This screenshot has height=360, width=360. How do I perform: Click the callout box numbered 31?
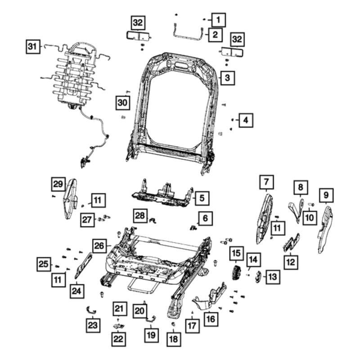pos(31,46)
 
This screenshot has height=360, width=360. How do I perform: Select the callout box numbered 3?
pos(228,78)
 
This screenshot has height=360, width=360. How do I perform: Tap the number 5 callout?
pos(202,197)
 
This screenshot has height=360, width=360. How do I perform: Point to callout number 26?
pos(99,246)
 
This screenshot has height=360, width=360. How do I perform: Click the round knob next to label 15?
pos(235,273)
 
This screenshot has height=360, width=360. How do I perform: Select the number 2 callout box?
pos(215,34)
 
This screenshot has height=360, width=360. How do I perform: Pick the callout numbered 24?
pos(76,292)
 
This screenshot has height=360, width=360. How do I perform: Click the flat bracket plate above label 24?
pos(84,265)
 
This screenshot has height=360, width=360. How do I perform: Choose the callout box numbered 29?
pos(58,184)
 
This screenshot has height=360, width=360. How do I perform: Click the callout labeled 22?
pos(118,338)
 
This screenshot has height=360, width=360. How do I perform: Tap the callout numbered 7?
pos(266,182)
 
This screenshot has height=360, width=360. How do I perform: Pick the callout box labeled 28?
pos(140,216)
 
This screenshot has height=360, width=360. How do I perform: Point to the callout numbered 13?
pos(272,277)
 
